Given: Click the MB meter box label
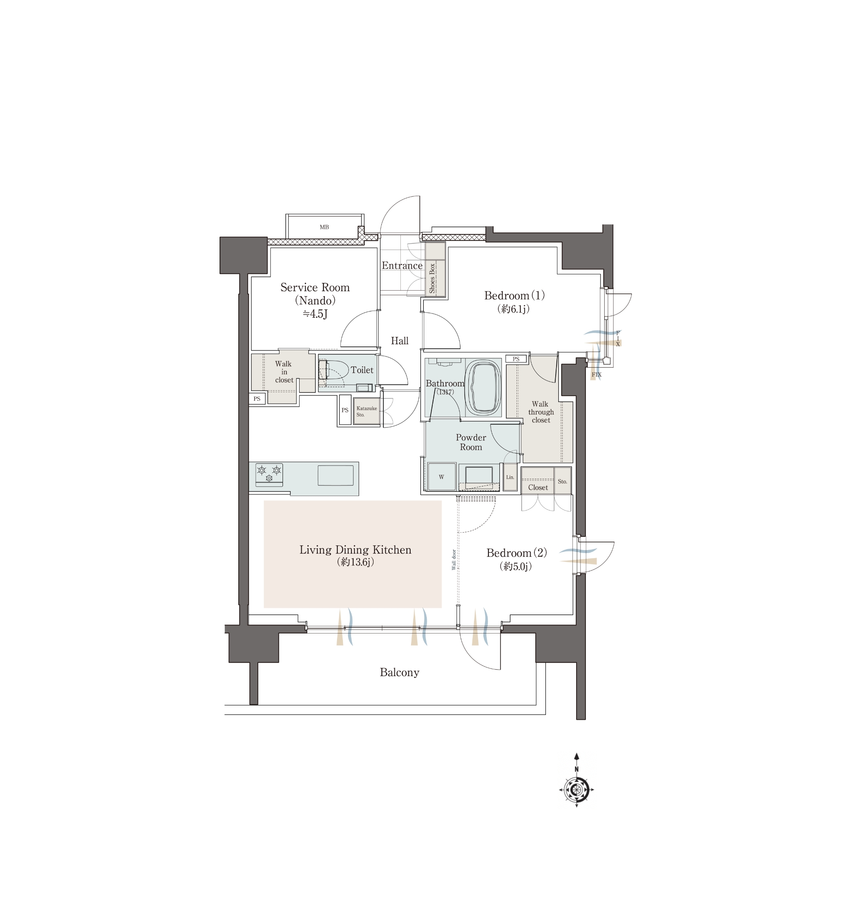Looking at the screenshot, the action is tap(324, 227).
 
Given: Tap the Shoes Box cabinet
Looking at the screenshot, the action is tap(435, 269).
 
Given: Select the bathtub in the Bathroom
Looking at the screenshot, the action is tap(483, 388).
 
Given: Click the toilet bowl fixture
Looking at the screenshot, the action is tap(333, 370).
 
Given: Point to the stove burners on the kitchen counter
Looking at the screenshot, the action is tap(269, 474).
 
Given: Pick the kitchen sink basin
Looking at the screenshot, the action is tap(335, 475).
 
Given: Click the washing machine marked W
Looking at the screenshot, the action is tap(442, 477).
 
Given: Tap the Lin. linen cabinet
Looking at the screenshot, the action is tap(510, 477).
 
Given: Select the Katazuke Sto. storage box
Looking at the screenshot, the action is tap(366, 411).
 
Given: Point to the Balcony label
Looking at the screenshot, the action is tap(399, 672).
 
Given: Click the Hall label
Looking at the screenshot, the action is tap(399, 341).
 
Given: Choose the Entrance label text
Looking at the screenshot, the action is tap(402, 265).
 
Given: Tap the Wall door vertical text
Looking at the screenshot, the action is tap(454, 559).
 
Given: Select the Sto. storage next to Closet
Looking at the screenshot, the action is tap(562, 481).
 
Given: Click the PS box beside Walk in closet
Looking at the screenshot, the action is tap(257, 399).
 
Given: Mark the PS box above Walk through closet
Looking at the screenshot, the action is tap(516, 359).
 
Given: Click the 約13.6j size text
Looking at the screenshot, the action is tap(355, 562).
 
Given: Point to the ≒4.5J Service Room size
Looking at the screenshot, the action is tap(315, 314).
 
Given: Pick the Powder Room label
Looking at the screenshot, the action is tap(471, 442).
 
